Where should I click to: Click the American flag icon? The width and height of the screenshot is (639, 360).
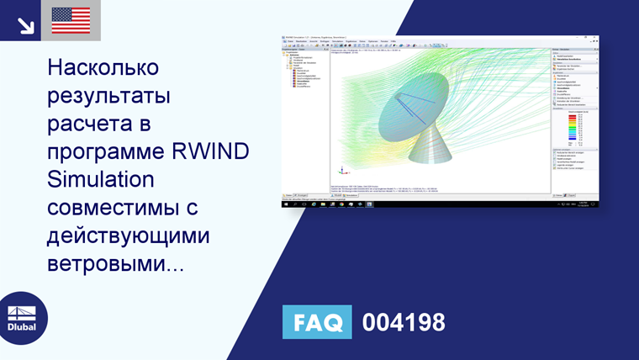click(x=71, y=20)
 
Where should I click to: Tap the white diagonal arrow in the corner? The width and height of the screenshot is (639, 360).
click(x=25, y=24)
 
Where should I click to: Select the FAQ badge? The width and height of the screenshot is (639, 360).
click(x=318, y=322)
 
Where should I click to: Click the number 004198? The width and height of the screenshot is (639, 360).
click(x=403, y=322)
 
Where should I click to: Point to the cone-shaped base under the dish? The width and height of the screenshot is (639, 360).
click(x=442, y=161)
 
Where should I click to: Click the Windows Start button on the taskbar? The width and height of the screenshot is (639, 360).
click(x=285, y=204)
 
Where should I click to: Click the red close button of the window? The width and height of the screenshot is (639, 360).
click(x=595, y=38)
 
